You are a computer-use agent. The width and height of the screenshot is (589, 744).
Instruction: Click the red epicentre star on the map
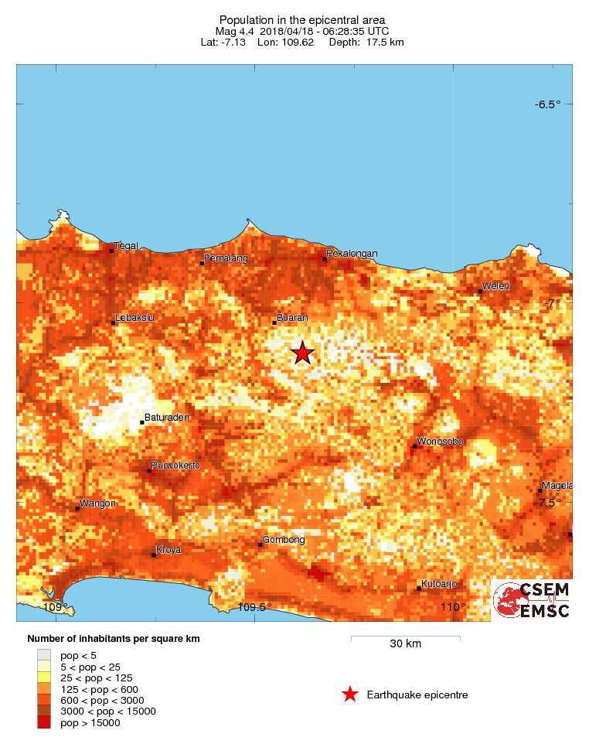(302, 353)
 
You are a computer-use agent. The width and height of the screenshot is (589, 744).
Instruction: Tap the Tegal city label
(126, 246)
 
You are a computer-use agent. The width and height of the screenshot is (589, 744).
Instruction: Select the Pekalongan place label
(352, 254)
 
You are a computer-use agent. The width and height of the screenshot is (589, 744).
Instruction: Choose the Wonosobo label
(440, 442)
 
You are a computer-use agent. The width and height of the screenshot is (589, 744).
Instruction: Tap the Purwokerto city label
(175, 466)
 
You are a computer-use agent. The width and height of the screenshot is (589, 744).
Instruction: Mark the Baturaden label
(167, 418)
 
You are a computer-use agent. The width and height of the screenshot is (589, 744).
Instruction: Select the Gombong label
(284, 540)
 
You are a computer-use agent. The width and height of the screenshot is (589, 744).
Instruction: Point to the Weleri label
(496, 287)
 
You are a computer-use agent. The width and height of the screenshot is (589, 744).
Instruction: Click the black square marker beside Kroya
(154, 555)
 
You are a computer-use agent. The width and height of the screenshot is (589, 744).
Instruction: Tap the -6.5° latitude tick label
(548, 105)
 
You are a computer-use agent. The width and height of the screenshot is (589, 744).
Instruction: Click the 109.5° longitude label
(254, 608)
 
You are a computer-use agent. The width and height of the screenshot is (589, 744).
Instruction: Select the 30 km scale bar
(405, 638)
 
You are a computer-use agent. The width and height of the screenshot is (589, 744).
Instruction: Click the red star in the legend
(350, 695)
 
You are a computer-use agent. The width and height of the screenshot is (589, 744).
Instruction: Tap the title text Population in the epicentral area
(301, 20)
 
